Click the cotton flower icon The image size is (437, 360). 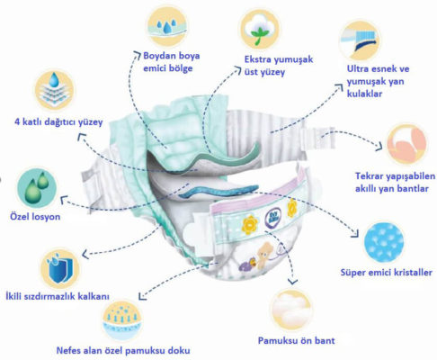(x=260, y=29)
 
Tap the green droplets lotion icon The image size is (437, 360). (x=37, y=188)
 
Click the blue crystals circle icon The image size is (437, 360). (x=384, y=241)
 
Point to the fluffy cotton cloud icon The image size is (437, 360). (x=291, y=309)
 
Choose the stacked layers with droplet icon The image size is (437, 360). (x=54, y=90)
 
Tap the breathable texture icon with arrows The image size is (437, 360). (x=122, y=321)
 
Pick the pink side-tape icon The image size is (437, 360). (x=406, y=144)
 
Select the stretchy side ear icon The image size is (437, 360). (x=360, y=40)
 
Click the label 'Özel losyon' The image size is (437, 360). (x=35, y=217)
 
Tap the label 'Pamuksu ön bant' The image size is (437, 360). (x=296, y=341)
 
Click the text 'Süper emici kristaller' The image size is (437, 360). (x=387, y=273)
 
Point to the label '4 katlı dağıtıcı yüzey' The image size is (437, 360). (x=58, y=121)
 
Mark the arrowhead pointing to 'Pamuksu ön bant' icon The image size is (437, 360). (x=292, y=282)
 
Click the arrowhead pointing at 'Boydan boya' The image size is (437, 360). (x=138, y=54)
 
